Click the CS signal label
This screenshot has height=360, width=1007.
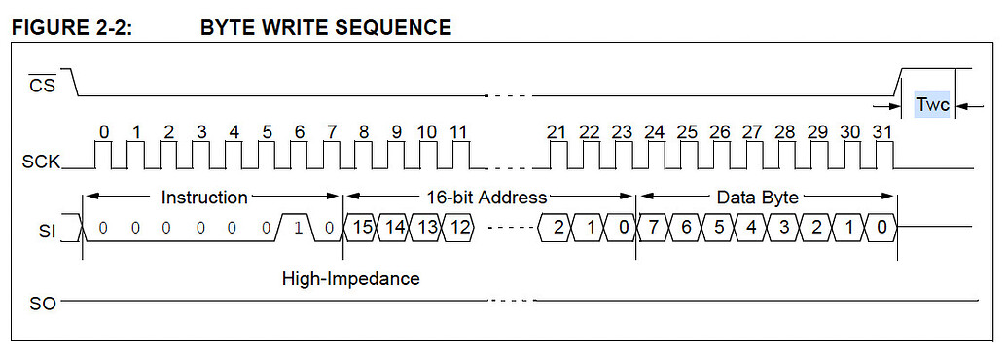[43, 85]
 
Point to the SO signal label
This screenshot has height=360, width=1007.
[44, 305]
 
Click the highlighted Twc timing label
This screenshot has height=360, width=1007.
[932, 104]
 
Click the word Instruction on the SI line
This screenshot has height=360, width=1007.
[204, 198]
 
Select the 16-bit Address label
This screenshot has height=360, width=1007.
[486, 198]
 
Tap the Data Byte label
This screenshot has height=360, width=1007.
[757, 198]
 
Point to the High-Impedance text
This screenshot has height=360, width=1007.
[350, 279]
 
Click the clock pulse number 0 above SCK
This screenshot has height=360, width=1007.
[104, 131]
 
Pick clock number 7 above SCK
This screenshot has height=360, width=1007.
[332, 131]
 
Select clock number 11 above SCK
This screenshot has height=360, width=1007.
[458, 131]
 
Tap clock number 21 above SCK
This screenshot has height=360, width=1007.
[557, 131]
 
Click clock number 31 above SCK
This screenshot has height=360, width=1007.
[882, 131]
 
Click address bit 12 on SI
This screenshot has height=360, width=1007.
[459, 228]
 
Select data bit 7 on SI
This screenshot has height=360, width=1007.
[654, 228]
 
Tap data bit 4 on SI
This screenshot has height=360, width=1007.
[751, 228]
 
